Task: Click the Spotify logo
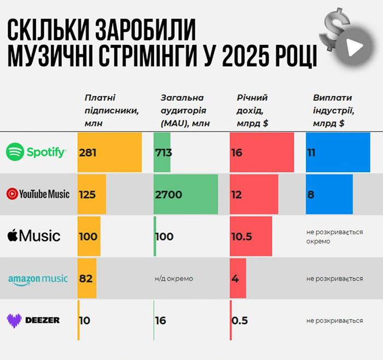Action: tap(36, 152)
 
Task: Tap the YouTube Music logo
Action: tap(38, 194)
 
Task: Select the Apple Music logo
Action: tap(34, 236)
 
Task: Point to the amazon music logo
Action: tap(38, 279)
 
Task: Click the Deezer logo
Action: tap(33, 320)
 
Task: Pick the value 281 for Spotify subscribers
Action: tap(88, 153)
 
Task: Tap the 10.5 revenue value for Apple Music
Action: tap(241, 236)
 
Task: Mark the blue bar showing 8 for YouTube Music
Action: tap(329, 194)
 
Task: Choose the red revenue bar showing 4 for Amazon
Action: tap(238, 278)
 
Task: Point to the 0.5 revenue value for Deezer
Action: tap(240, 320)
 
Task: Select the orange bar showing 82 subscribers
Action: tap(87, 278)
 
